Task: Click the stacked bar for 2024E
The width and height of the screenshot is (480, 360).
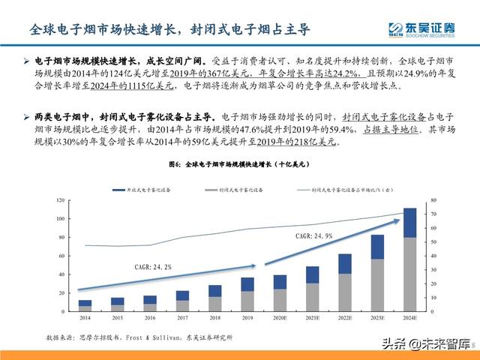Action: coord(410,259)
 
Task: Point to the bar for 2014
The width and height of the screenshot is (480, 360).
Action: coord(85,304)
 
